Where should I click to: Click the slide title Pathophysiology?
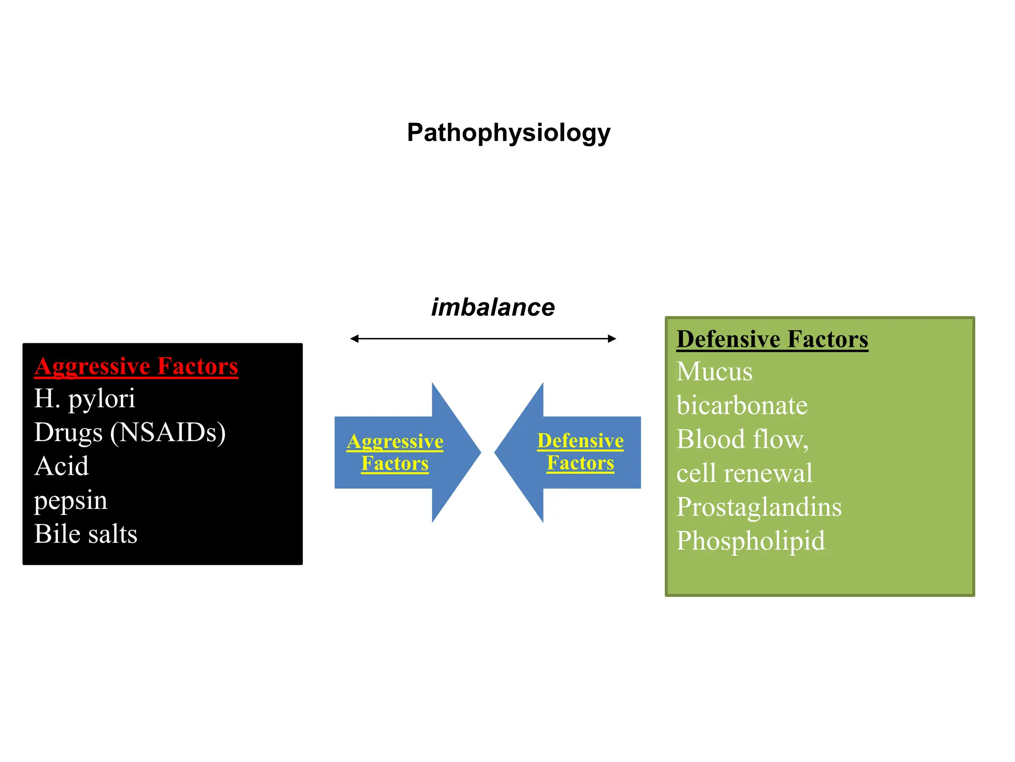(x=508, y=133)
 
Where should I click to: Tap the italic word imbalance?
(x=493, y=307)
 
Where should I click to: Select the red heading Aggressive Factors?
(x=136, y=367)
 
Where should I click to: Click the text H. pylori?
(x=84, y=399)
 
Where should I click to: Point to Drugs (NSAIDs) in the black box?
(x=130, y=433)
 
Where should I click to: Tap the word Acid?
(x=61, y=466)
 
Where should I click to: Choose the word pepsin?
(x=70, y=500)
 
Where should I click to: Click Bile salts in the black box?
(x=85, y=534)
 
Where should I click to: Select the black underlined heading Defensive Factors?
(x=772, y=340)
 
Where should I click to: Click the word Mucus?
(x=714, y=372)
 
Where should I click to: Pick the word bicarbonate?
(x=742, y=406)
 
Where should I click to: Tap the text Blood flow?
(x=742, y=440)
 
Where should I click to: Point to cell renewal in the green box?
(x=744, y=473)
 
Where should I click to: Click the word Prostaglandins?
(x=759, y=507)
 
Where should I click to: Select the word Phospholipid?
(x=750, y=541)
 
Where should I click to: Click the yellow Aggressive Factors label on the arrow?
(x=395, y=452)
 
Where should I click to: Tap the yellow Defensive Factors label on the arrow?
(x=580, y=451)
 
